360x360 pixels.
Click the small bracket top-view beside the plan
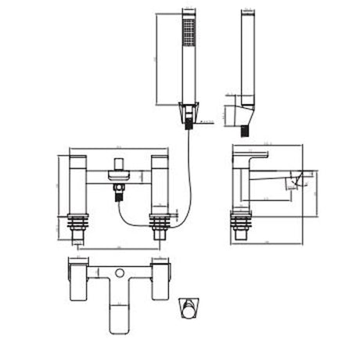point(189,306)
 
